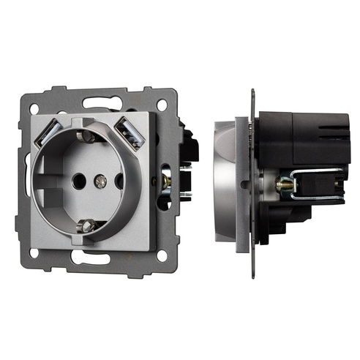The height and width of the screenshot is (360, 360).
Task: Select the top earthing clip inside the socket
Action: tap(88, 136)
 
